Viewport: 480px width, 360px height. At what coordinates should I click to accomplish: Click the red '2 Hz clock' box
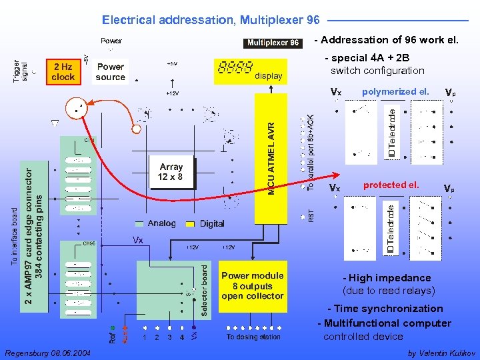[x=63, y=72]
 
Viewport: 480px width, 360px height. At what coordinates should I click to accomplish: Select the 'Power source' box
[x=110, y=72]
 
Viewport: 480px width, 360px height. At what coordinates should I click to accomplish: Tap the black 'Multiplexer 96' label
[x=273, y=43]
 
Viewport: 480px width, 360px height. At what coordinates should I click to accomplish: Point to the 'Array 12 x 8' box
[x=171, y=172]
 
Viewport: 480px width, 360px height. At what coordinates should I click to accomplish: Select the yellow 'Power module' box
[x=253, y=285]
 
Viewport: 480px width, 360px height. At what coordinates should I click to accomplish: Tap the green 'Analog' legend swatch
[x=139, y=223]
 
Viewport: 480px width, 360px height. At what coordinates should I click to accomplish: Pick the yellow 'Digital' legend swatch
[x=190, y=223]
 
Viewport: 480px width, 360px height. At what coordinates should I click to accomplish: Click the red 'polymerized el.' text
[x=395, y=91]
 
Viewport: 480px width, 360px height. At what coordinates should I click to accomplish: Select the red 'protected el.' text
[x=391, y=185]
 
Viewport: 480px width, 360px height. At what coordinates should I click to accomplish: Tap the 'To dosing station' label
[x=253, y=337]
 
